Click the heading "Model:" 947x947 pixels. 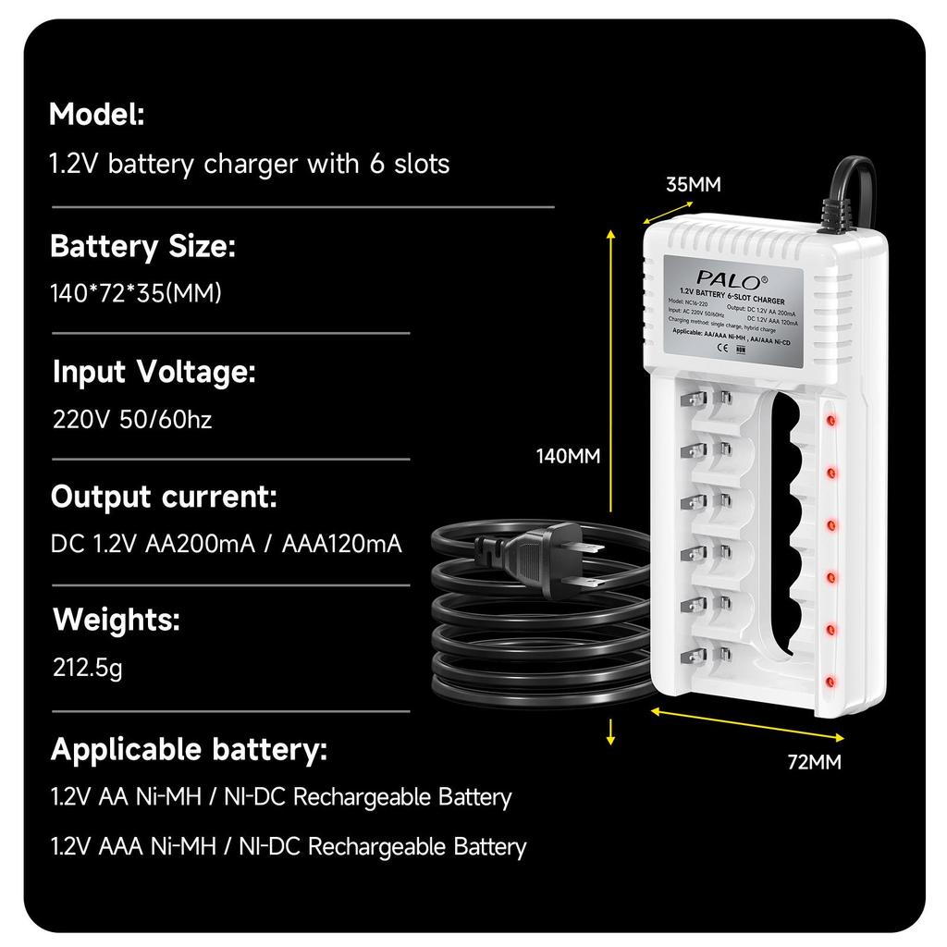(97, 116)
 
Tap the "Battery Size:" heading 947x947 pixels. (142, 247)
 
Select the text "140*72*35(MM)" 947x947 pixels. (136, 293)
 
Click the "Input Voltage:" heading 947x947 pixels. (154, 372)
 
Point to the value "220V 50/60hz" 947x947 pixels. (132, 420)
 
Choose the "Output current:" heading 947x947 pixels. (164, 497)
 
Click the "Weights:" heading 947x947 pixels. (117, 620)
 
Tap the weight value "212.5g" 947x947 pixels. (88, 667)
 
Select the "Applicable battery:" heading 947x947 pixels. (189, 749)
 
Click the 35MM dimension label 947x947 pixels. (693, 184)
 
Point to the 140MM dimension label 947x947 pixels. (569, 456)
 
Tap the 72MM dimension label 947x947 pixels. (814, 763)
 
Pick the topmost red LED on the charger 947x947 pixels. (830, 420)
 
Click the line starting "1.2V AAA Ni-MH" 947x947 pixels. (289, 846)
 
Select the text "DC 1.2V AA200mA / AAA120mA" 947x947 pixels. (227, 544)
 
